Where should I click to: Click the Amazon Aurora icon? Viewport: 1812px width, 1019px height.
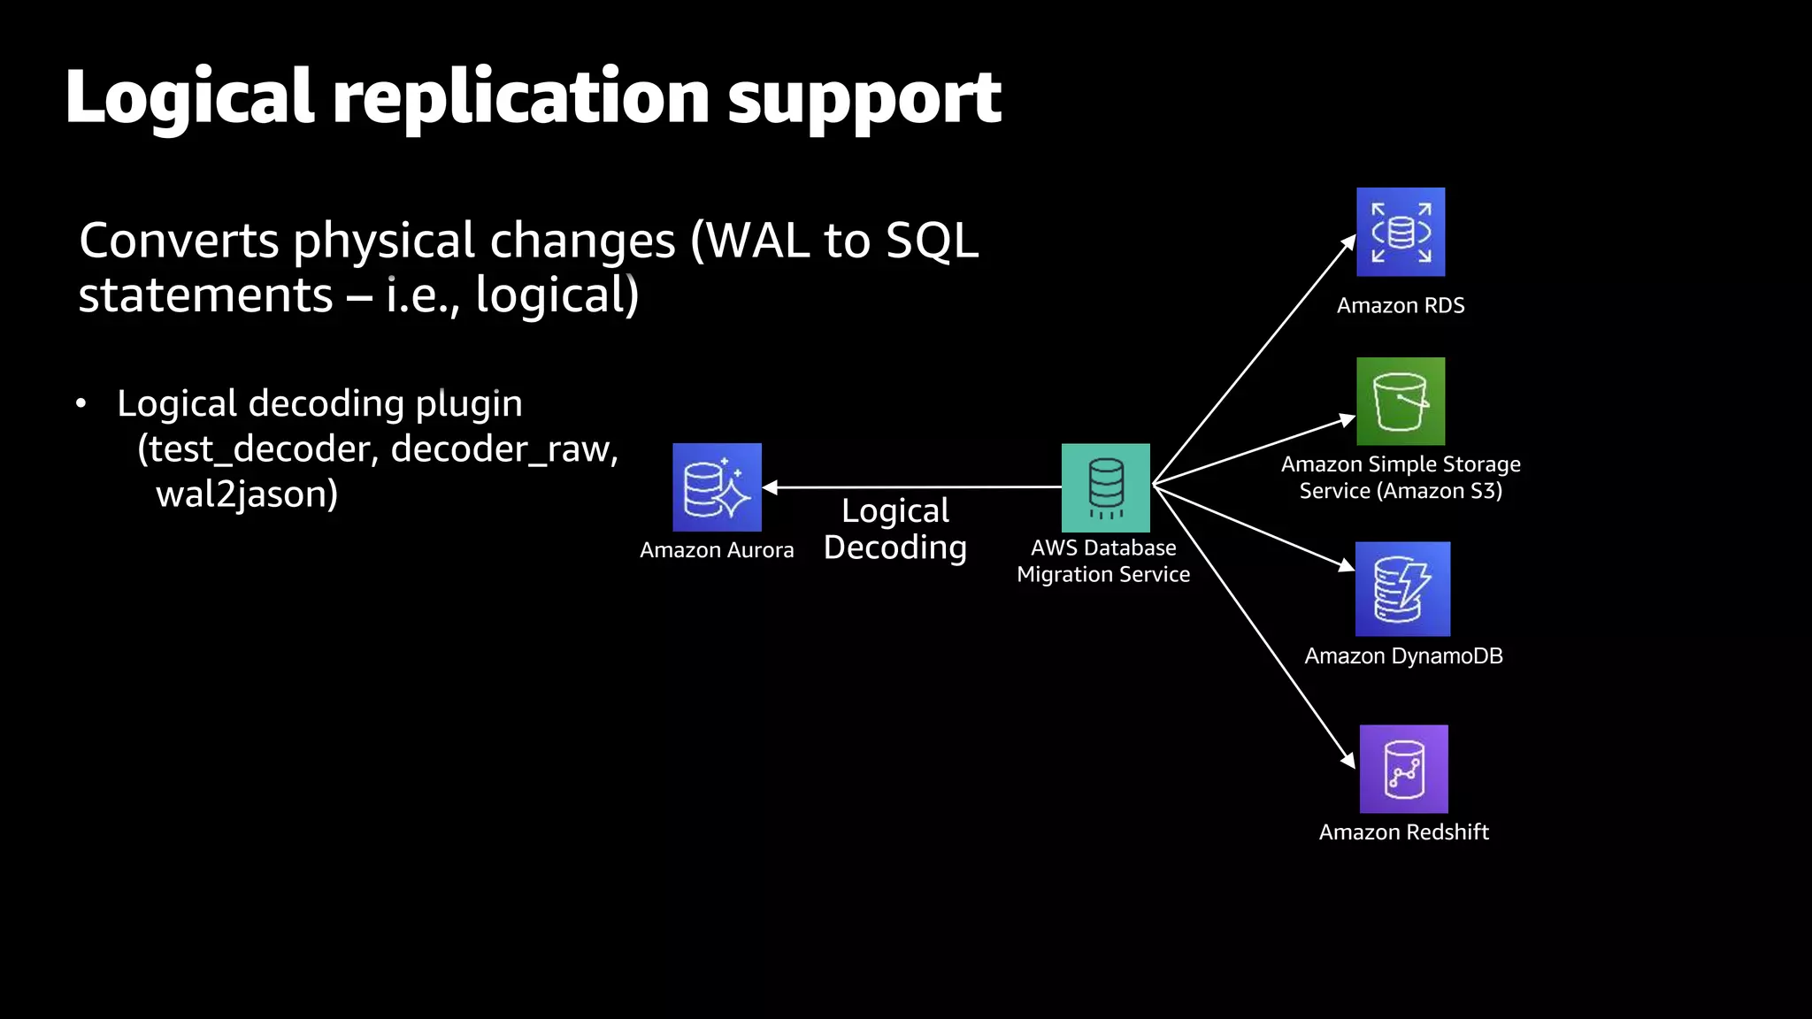[717, 487]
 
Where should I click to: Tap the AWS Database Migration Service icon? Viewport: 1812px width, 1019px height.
[1105, 487]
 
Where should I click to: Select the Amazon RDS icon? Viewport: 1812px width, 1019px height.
[1401, 232]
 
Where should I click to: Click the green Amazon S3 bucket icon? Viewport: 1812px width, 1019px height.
[1401, 402]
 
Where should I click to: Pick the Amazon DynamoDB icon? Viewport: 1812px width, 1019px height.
[1402, 589]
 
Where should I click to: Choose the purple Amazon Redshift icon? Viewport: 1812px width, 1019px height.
[1403, 769]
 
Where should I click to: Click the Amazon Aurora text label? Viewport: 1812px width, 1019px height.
[717, 550]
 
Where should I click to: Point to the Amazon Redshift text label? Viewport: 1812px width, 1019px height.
[1403, 832]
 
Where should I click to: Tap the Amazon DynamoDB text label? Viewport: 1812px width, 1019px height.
[1403, 656]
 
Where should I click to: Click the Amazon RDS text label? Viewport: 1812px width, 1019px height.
[1401, 306]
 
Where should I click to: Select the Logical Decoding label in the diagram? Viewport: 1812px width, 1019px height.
[895, 529]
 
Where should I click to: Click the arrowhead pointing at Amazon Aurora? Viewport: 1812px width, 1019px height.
[769, 487]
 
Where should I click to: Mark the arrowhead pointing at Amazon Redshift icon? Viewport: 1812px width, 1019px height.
[1348, 760]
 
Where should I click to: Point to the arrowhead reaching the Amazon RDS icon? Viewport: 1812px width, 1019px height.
[1349, 241]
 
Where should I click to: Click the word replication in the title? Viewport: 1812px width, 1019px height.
[520, 97]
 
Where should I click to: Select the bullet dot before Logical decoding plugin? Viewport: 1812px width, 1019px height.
[81, 404]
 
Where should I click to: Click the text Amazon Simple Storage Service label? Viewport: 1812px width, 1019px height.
[1401, 478]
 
